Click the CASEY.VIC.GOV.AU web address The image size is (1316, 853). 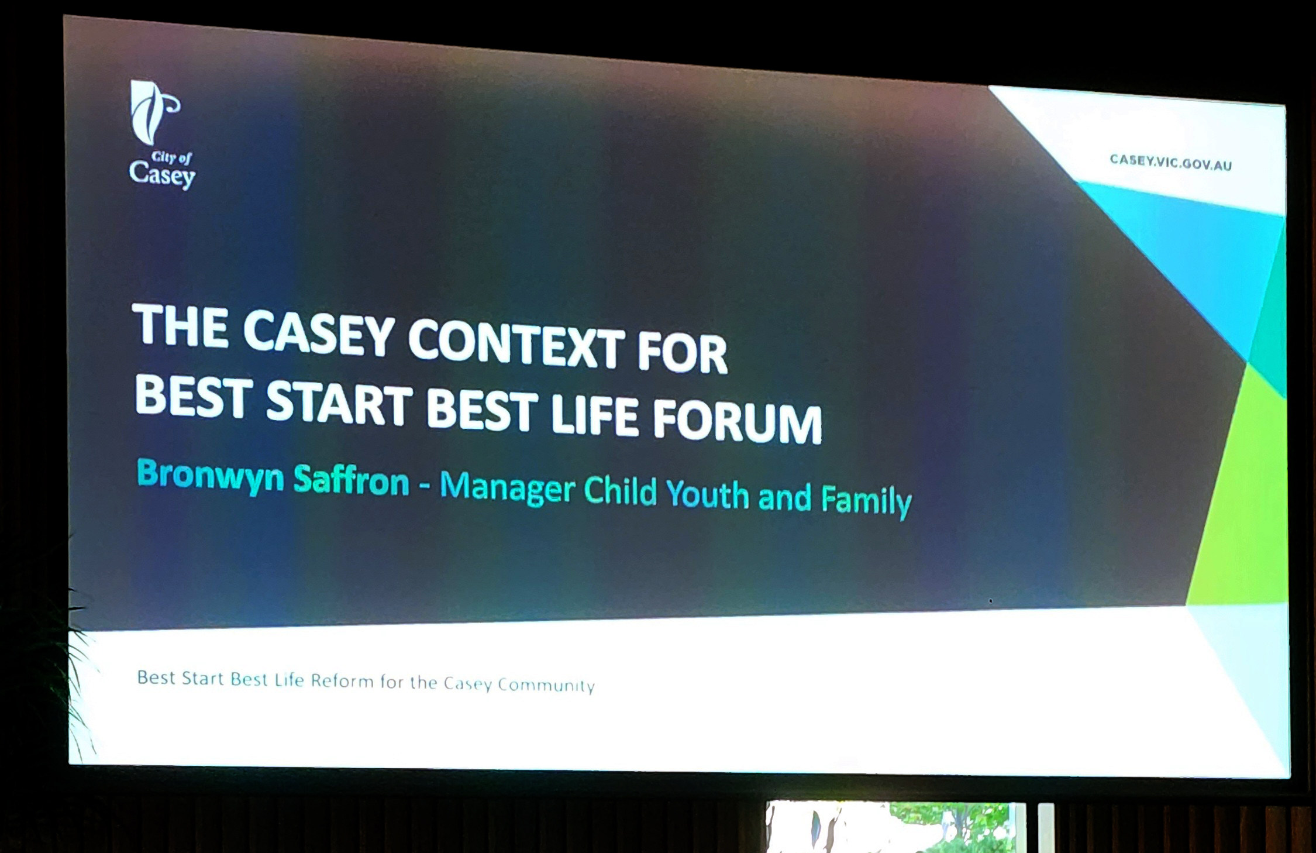point(1171,162)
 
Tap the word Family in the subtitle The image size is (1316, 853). point(866,501)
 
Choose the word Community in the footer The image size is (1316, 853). point(546,685)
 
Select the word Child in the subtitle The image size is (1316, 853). point(621,490)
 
